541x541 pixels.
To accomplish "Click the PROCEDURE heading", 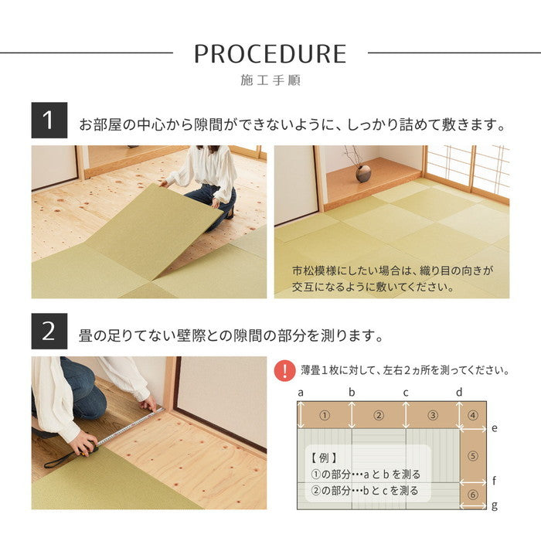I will (x=270, y=53).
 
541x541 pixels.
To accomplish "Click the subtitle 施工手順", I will (x=270, y=80).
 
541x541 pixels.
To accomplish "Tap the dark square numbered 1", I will (x=49, y=121).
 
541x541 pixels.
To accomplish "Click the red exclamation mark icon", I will (x=285, y=370).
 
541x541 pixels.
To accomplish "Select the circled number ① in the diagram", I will (x=325, y=415).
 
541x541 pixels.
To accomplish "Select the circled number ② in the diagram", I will (x=379, y=415).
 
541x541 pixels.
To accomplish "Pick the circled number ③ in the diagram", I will (x=432, y=415).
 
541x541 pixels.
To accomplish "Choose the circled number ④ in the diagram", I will (x=473, y=415).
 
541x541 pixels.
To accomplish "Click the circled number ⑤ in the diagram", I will (x=473, y=455).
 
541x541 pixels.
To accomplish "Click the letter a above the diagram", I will (x=299, y=392).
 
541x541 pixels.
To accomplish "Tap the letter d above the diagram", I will (x=458, y=392).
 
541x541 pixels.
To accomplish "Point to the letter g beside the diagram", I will (x=495, y=505).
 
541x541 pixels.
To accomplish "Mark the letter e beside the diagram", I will (x=495, y=427).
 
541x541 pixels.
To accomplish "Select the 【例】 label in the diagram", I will (x=322, y=458).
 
